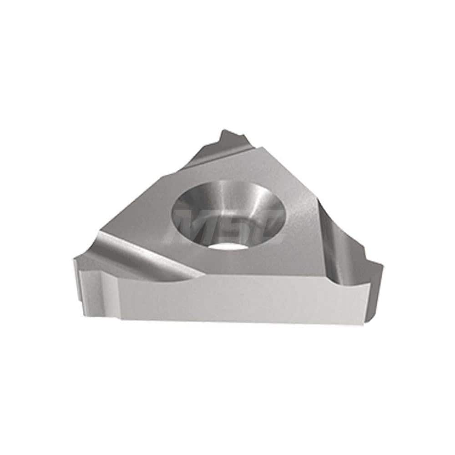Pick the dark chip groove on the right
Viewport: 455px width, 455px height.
click(339, 246)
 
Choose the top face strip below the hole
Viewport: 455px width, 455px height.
click(255, 264)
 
